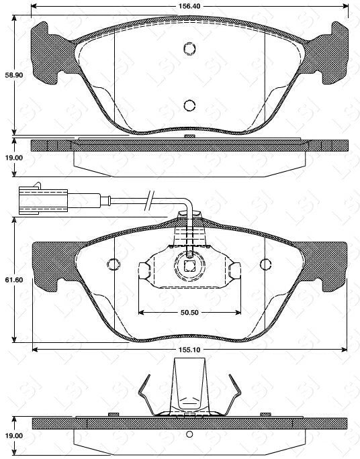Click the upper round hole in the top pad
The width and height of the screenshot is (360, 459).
189,48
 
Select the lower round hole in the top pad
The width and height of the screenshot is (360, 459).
189,105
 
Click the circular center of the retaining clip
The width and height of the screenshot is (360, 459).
189,264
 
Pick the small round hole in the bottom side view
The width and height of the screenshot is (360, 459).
189,433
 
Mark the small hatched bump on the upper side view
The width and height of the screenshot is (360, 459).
189,137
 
